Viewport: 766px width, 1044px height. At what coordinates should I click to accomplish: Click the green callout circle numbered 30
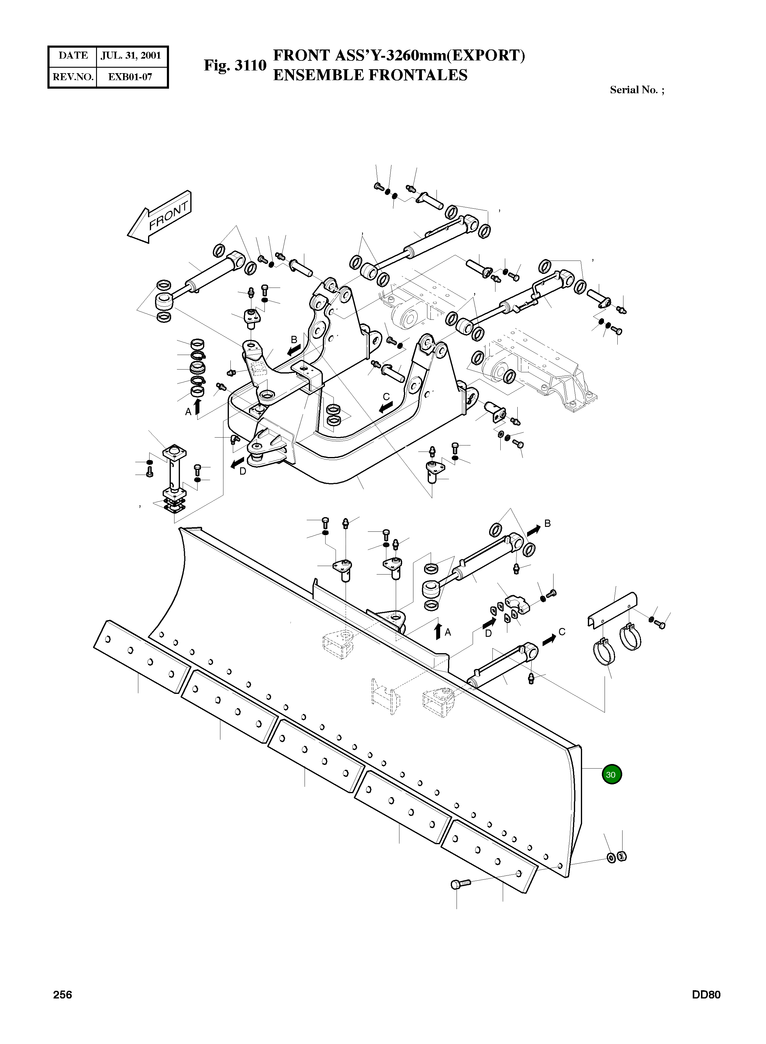(x=611, y=774)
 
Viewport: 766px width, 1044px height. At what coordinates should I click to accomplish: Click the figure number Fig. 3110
(x=235, y=65)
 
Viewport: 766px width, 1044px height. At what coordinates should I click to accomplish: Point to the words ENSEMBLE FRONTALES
(x=370, y=75)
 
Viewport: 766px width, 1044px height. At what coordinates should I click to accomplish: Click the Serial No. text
(x=637, y=90)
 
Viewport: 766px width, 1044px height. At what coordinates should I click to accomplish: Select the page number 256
(x=63, y=995)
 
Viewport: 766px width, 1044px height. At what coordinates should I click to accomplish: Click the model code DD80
(x=706, y=995)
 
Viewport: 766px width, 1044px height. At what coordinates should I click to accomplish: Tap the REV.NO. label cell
(x=73, y=77)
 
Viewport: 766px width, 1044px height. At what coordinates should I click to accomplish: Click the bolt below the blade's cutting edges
(x=460, y=884)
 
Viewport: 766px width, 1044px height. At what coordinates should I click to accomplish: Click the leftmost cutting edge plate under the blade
(x=141, y=656)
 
